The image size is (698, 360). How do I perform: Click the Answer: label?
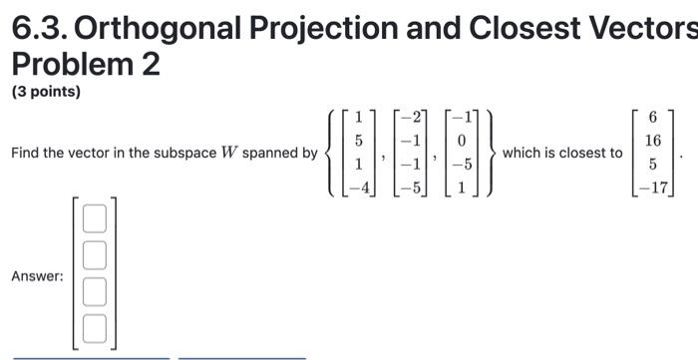click(x=37, y=275)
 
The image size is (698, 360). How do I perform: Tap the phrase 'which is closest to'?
click(x=562, y=154)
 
